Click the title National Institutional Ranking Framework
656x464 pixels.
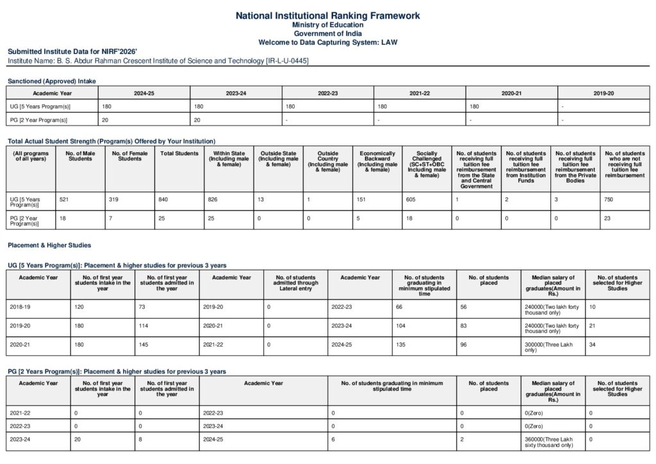tap(328, 15)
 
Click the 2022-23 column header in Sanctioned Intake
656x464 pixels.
tap(327, 94)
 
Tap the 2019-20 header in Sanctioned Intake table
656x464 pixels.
tap(603, 94)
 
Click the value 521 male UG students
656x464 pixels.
tap(63, 200)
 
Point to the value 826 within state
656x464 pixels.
tap(213, 200)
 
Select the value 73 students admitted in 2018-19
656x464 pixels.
tap(143, 307)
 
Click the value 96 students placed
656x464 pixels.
tap(464, 344)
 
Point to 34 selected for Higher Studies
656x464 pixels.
tap(593, 344)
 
